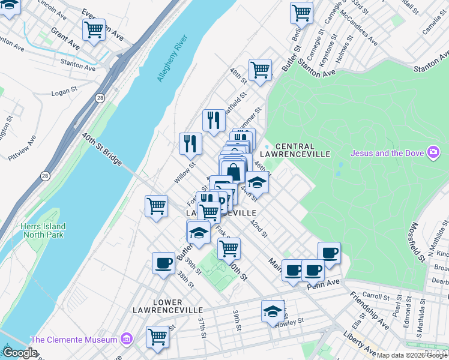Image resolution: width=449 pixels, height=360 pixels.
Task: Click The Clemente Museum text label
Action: [74, 340]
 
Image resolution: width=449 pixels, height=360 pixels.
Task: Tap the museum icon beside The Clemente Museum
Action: [126, 340]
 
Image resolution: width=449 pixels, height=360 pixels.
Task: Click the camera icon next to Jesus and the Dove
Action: [433, 152]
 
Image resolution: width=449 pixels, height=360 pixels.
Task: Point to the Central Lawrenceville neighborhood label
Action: [303, 150]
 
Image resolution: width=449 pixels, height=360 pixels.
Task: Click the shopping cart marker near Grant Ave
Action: [94, 30]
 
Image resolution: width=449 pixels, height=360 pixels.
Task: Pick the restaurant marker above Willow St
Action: [190, 143]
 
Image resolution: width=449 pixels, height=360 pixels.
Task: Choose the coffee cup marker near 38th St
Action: [163, 263]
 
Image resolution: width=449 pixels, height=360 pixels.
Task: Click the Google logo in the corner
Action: [19, 353]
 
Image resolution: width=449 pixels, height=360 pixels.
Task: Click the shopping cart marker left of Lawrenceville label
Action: [157, 206]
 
